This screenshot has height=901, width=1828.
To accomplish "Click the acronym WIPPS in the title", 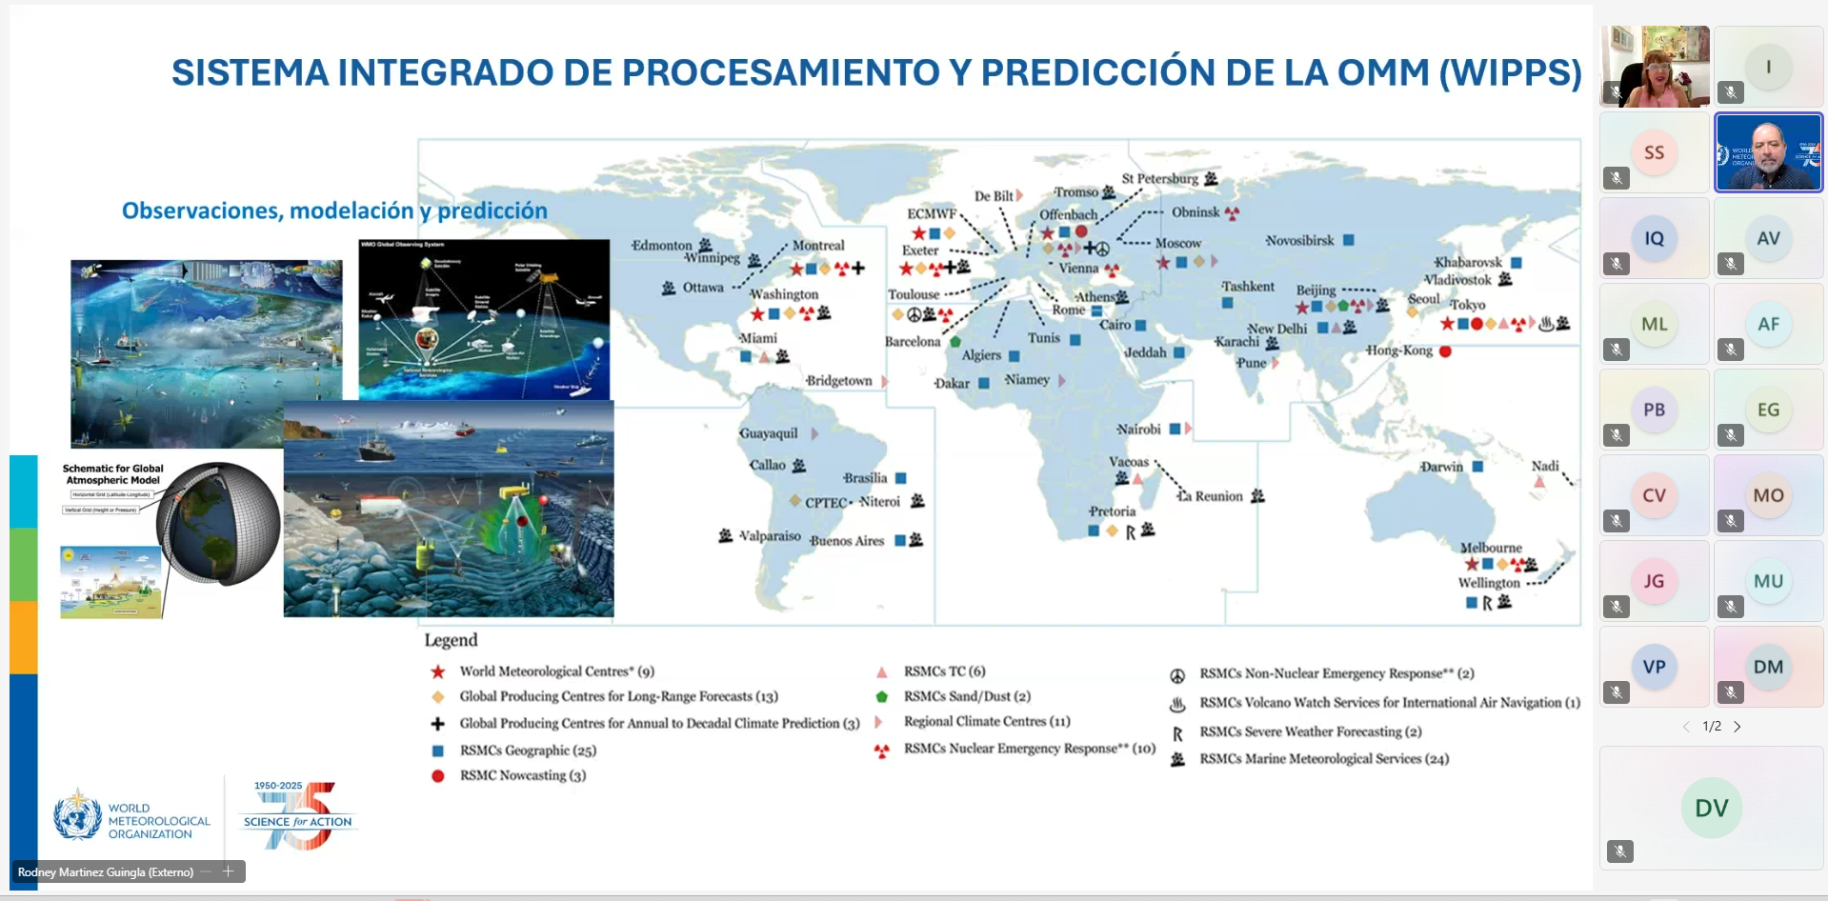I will click(1511, 73).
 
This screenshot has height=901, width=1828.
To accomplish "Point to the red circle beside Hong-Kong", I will click(1445, 351).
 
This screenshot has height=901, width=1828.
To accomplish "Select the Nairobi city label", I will click(1138, 429).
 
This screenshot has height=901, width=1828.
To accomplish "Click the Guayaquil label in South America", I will click(769, 433).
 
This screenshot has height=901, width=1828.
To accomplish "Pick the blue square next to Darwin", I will click(1477, 467).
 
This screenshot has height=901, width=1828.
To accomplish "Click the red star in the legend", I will click(438, 671).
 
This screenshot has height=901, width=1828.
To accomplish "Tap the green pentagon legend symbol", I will click(882, 696).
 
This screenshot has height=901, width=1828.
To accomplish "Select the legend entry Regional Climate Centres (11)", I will click(987, 721).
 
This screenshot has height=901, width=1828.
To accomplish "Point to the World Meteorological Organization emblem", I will click(77, 815).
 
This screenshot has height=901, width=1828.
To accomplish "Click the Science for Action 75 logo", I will click(298, 816).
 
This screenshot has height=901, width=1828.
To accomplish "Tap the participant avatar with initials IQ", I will click(1654, 238).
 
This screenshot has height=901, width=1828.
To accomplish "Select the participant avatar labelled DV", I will click(1711, 808).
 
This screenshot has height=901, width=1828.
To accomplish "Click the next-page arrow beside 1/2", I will click(1738, 727).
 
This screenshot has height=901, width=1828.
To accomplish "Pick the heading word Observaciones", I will click(203, 210).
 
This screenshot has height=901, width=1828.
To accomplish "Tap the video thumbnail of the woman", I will click(1656, 67).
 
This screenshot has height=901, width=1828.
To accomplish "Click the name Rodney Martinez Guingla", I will click(105, 871).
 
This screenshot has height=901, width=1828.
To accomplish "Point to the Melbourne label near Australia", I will click(1491, 548).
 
